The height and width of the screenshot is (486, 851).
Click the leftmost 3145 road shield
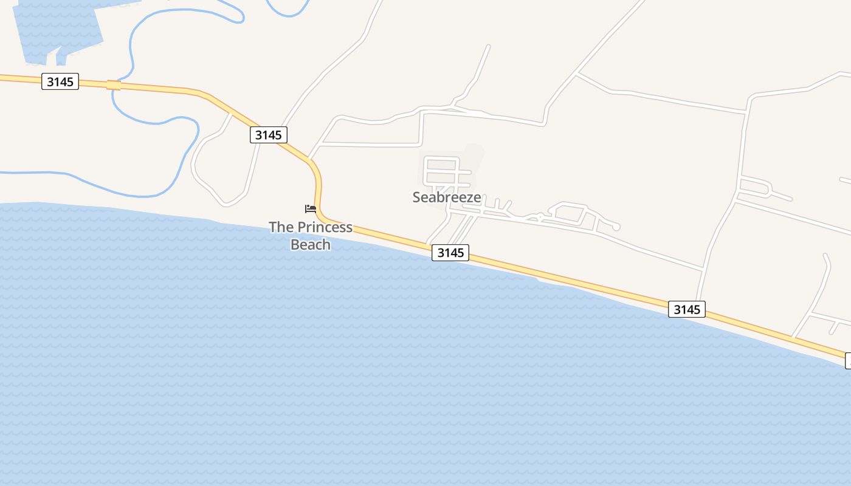coord(60,81)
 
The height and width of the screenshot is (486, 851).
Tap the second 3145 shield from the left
coord(268,134)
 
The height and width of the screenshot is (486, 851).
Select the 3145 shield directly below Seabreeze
coord(450,252)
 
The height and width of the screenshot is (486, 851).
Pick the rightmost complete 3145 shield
coord(687,309)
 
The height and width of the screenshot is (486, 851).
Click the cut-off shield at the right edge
coord(848,361)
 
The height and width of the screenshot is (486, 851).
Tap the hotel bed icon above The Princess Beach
coord(311,209)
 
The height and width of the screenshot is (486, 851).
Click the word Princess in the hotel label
coord(328,227)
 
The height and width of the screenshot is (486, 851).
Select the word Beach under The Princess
coord(311,244)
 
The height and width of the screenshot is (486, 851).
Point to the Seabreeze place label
coord(447,197)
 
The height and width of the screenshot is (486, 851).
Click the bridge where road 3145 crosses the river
coord(113,85)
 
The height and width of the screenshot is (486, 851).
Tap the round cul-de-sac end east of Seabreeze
coord(616,227)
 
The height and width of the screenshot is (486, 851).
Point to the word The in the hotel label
coord(281,227)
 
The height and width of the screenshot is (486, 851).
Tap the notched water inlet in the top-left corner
coord(58,30)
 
